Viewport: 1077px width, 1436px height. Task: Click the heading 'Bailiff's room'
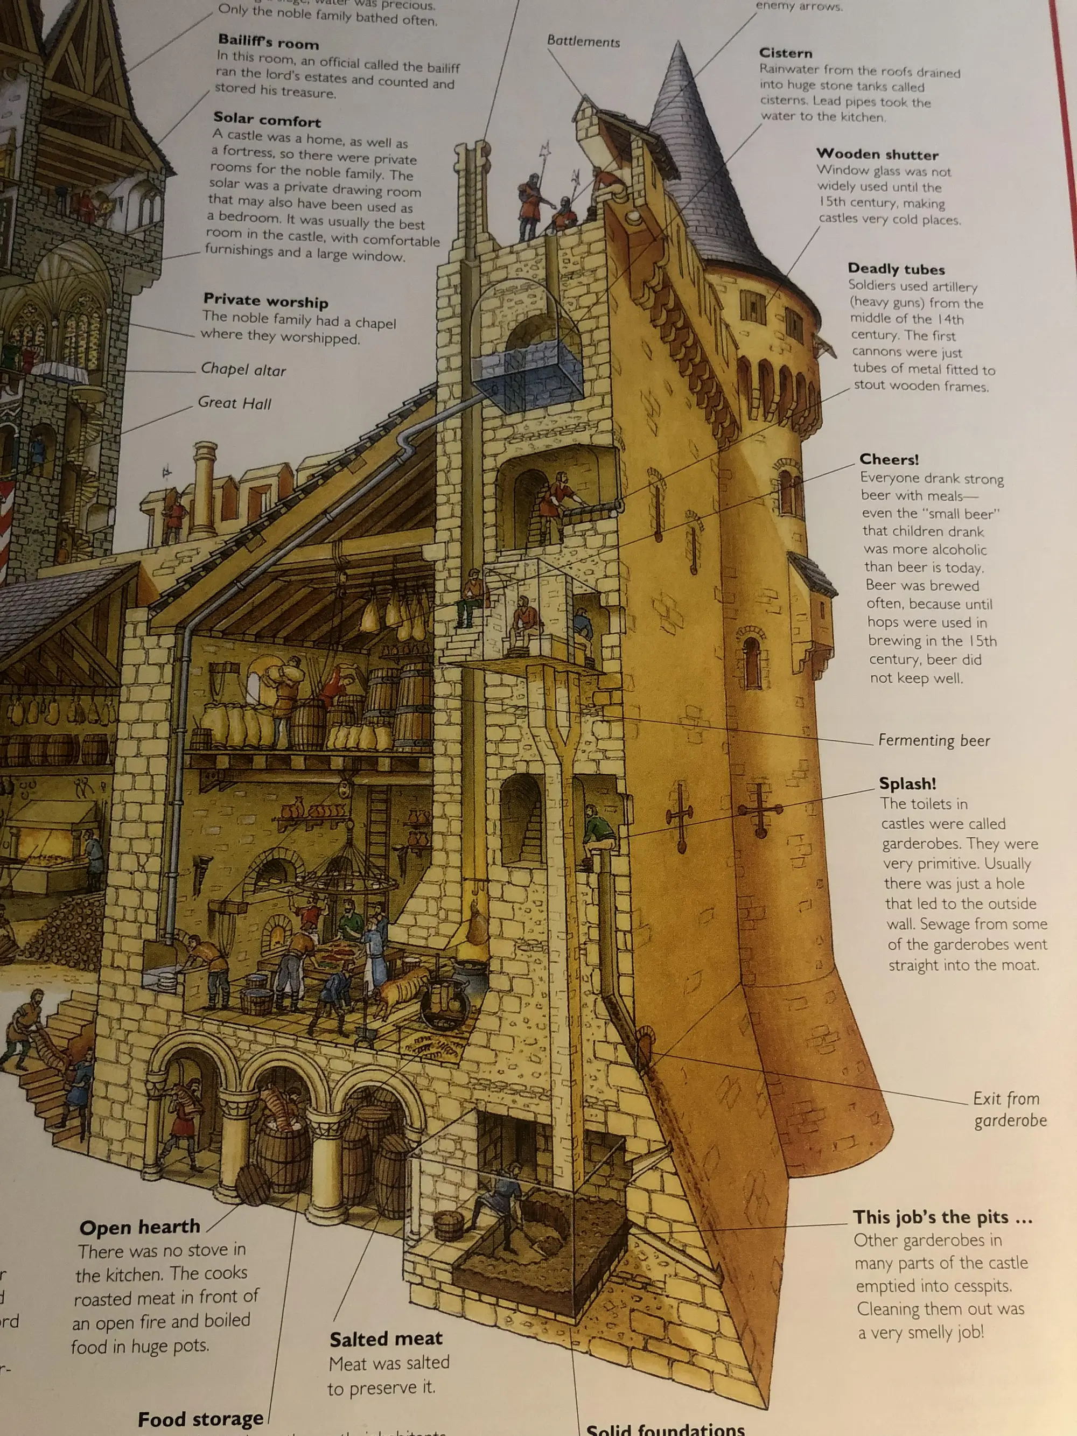point(268,44)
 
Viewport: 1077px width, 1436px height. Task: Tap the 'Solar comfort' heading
point(267,120)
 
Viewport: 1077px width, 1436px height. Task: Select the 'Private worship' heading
point(265,301)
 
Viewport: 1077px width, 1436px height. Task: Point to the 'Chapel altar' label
point(243,369)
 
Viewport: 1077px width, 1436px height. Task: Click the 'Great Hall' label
point(234,403)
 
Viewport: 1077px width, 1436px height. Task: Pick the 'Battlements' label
point(583,41)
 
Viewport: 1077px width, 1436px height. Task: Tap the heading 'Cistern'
point(786,53)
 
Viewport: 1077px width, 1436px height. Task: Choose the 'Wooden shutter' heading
point(877,155)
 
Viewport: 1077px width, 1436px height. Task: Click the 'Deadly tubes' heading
point(896,269)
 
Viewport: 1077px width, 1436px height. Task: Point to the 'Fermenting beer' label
point(934,741)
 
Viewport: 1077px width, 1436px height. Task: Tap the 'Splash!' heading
point(907,784)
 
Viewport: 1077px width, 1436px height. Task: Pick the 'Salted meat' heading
point(386,1339)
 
